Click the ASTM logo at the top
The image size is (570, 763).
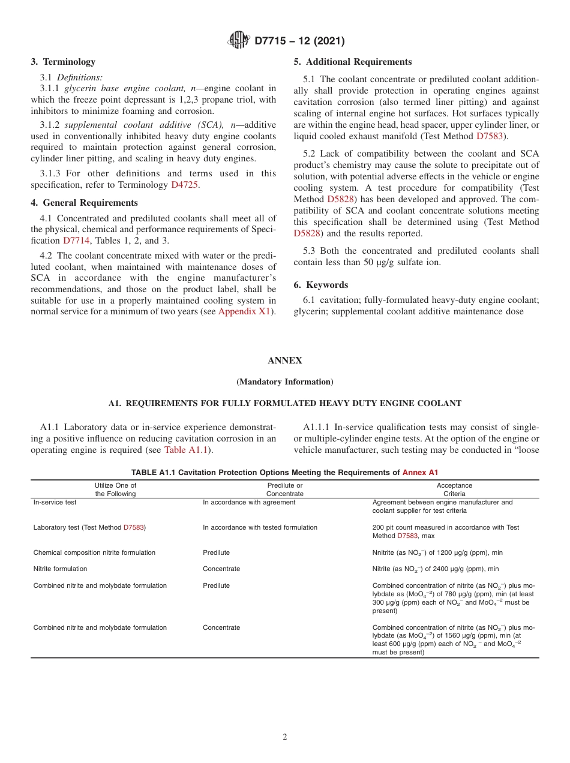(239, 41)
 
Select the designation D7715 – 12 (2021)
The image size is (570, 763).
(299, 41)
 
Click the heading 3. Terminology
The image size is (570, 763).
(63, 62)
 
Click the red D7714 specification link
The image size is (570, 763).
(76, 241)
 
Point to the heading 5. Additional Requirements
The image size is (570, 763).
(353, 62)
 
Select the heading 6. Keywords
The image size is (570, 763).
(320, 285)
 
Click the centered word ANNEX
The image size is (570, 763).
(285, 361)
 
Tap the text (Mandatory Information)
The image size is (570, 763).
(285, 381)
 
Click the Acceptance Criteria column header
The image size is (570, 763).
(454, 489)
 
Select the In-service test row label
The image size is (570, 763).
(55, 503)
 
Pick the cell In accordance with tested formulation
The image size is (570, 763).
(260, 528)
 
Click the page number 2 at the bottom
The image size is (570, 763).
(285, 737)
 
